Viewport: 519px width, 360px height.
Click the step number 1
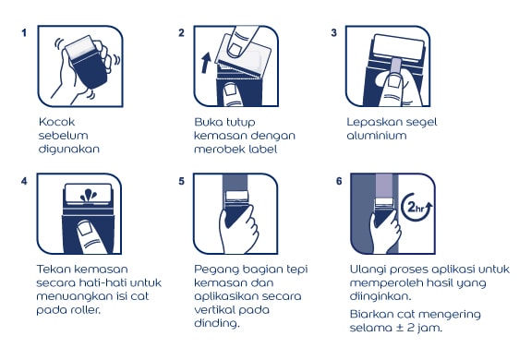coord(24,33)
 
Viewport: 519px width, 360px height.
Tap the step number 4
coord(24,181)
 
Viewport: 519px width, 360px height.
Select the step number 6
coord(339,181)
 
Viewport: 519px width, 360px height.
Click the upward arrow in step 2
coord(206,62)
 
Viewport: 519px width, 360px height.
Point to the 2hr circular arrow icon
coord(416,208)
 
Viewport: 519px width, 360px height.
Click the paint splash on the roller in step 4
coord(89,196)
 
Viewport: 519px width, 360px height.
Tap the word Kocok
coord(56,122)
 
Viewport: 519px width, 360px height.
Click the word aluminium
coord(377,136)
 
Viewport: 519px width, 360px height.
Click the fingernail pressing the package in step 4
coord(85,228)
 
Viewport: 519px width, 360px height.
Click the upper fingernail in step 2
coord(235,49)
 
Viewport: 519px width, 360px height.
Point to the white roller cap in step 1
coord(80,47)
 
